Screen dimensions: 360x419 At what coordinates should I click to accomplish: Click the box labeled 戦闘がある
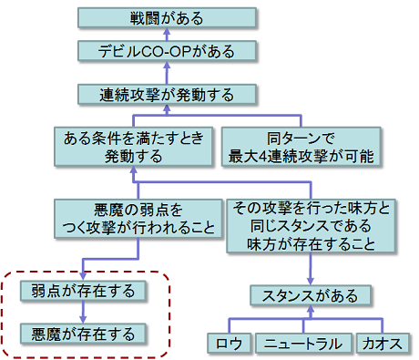(x=166, y=17)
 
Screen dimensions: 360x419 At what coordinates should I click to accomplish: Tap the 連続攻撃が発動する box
(x=166, y=93)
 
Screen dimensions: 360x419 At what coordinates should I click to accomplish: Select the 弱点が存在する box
(x=83, y=292)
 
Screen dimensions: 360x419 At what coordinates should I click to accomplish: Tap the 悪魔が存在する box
(x=83, y=333)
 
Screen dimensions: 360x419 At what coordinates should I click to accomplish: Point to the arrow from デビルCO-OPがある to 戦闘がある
(x=166, y=36)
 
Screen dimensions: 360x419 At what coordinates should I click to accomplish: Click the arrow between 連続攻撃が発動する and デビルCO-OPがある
(x=166, y=73)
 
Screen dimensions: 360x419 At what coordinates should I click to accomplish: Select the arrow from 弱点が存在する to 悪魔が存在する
(x=83, y=313)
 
